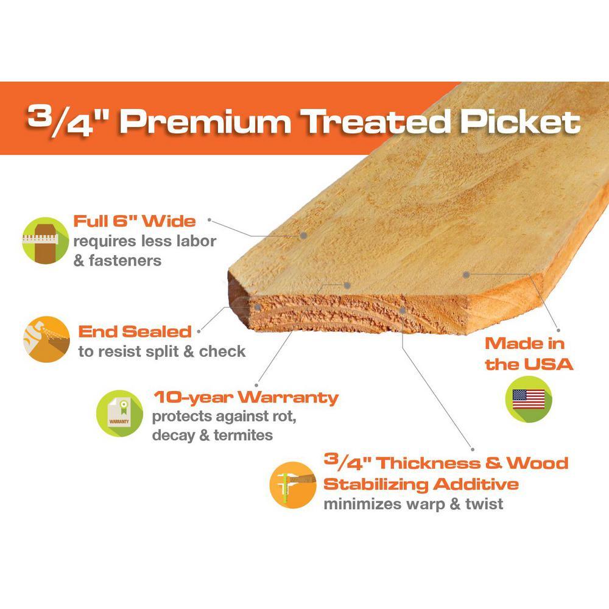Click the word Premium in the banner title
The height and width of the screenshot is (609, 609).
(x=205, y=122)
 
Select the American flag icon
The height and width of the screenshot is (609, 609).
(x=529, y=400)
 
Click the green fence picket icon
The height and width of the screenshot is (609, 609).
(x=46, y=241)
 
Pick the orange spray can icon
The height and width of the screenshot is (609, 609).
(x=47, y=339)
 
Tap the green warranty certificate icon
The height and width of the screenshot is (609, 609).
(x=119, y=414)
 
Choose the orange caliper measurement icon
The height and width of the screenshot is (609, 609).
(x=293, y=485)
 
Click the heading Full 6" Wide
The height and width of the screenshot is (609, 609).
(x=135, y=222)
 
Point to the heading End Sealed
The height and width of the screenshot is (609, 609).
(x=135, y=332)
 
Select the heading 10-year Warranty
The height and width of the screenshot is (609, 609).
(x=246, y=397)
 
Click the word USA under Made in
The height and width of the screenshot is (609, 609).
(x=548, y=364)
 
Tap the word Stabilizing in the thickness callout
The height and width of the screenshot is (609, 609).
(x=376, y=484)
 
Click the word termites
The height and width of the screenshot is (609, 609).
(x=243, y=435)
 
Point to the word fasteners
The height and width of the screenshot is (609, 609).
(x=125, y=261)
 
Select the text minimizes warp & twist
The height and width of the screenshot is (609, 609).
(x=414, y=504)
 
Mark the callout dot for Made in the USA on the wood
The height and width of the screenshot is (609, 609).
(x=466, y=275)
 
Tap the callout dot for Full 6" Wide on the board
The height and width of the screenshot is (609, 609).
(x=304, y=235)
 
